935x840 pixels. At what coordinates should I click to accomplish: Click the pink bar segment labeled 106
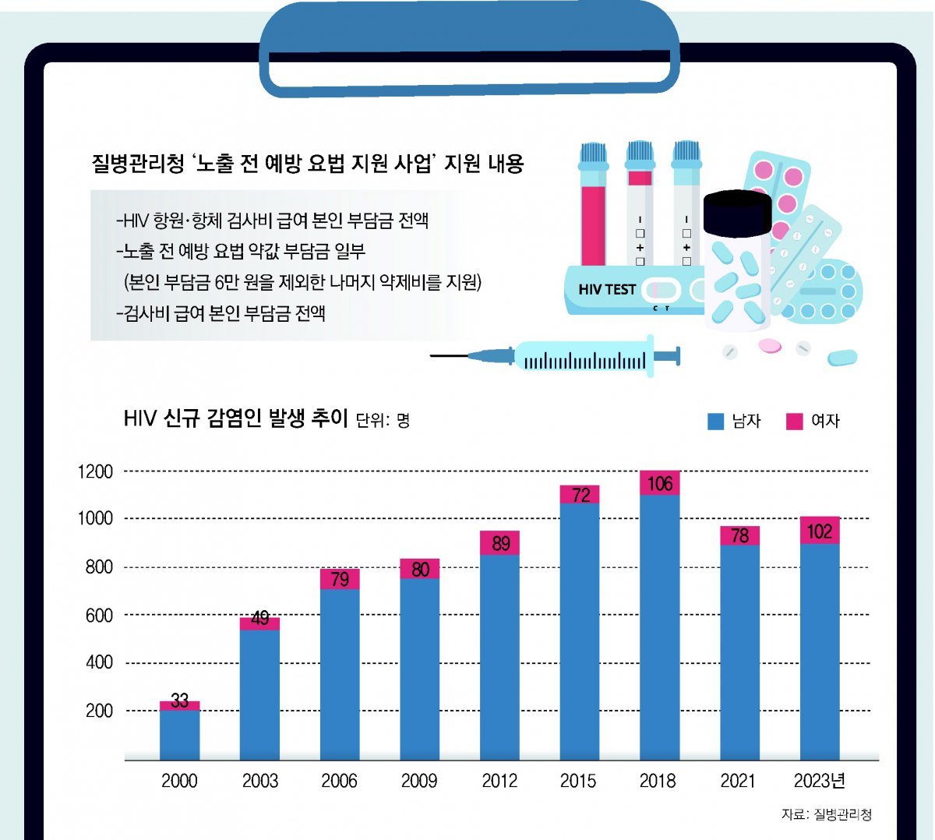659,483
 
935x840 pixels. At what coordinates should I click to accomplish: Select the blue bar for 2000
179,734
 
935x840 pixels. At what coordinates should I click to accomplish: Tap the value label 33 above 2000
180,701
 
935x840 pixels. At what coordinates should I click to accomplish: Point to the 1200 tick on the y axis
96,471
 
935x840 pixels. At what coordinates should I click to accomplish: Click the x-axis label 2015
578,781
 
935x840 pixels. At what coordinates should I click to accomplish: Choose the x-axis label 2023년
820,781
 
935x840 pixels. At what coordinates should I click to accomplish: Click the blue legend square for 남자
715,422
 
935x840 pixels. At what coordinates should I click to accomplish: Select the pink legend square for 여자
794,422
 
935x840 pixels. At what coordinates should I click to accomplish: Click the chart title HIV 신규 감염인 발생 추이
235,418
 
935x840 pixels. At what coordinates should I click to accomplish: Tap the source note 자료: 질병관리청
827,814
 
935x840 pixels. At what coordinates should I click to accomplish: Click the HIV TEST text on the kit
607,289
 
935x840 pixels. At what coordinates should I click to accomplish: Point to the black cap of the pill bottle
737,213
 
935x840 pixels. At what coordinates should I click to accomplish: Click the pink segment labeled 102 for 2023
820,531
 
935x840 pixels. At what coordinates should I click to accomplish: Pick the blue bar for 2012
499,656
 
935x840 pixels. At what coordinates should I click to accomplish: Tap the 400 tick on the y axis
99,662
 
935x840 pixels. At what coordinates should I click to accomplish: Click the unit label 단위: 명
383,421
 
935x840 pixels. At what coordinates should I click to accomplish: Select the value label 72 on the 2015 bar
580,495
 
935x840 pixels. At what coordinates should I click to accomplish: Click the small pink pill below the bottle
768,345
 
